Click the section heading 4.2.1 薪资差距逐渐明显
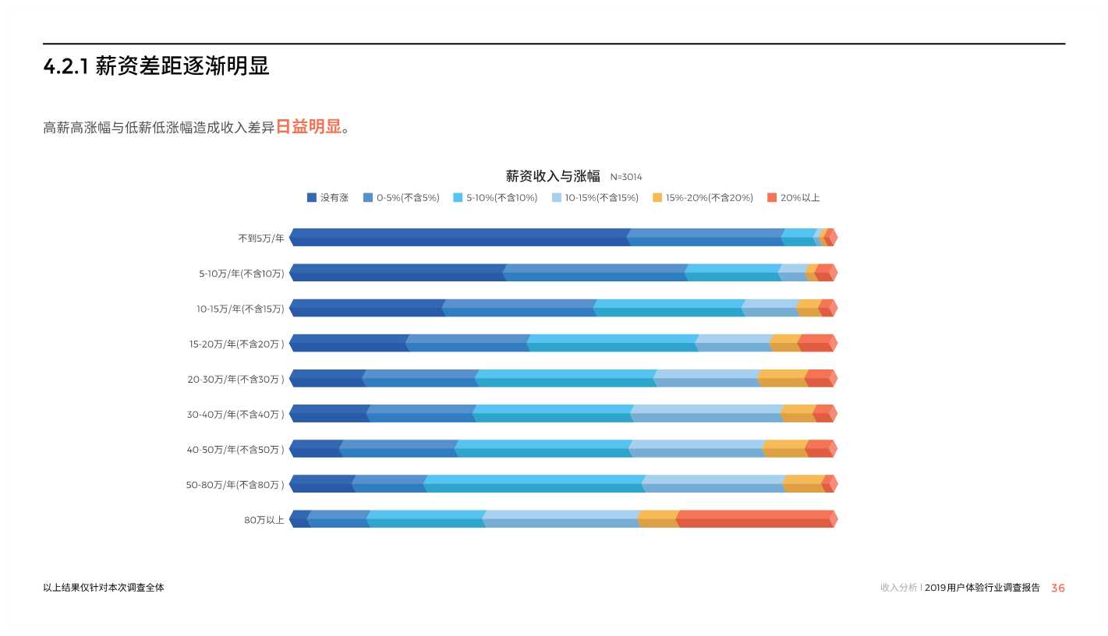point(156,67)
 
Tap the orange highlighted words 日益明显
point(309,127)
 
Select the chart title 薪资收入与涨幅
point(553,176)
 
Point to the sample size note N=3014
point(626,178)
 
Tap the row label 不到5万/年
point(261,238)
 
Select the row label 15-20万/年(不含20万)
point(236,344)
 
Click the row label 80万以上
point(264,520)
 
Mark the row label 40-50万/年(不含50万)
point(235,450)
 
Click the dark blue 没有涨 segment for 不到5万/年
point(459,238)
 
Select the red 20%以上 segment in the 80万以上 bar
point(755,519)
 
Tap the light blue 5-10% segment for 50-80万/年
point(534,484)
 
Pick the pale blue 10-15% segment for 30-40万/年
point(706,414)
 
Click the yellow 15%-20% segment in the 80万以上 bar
point(658,519)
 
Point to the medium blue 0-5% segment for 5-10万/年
point(595,273)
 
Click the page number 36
point(1057,588)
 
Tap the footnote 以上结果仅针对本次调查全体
point(104,588)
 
